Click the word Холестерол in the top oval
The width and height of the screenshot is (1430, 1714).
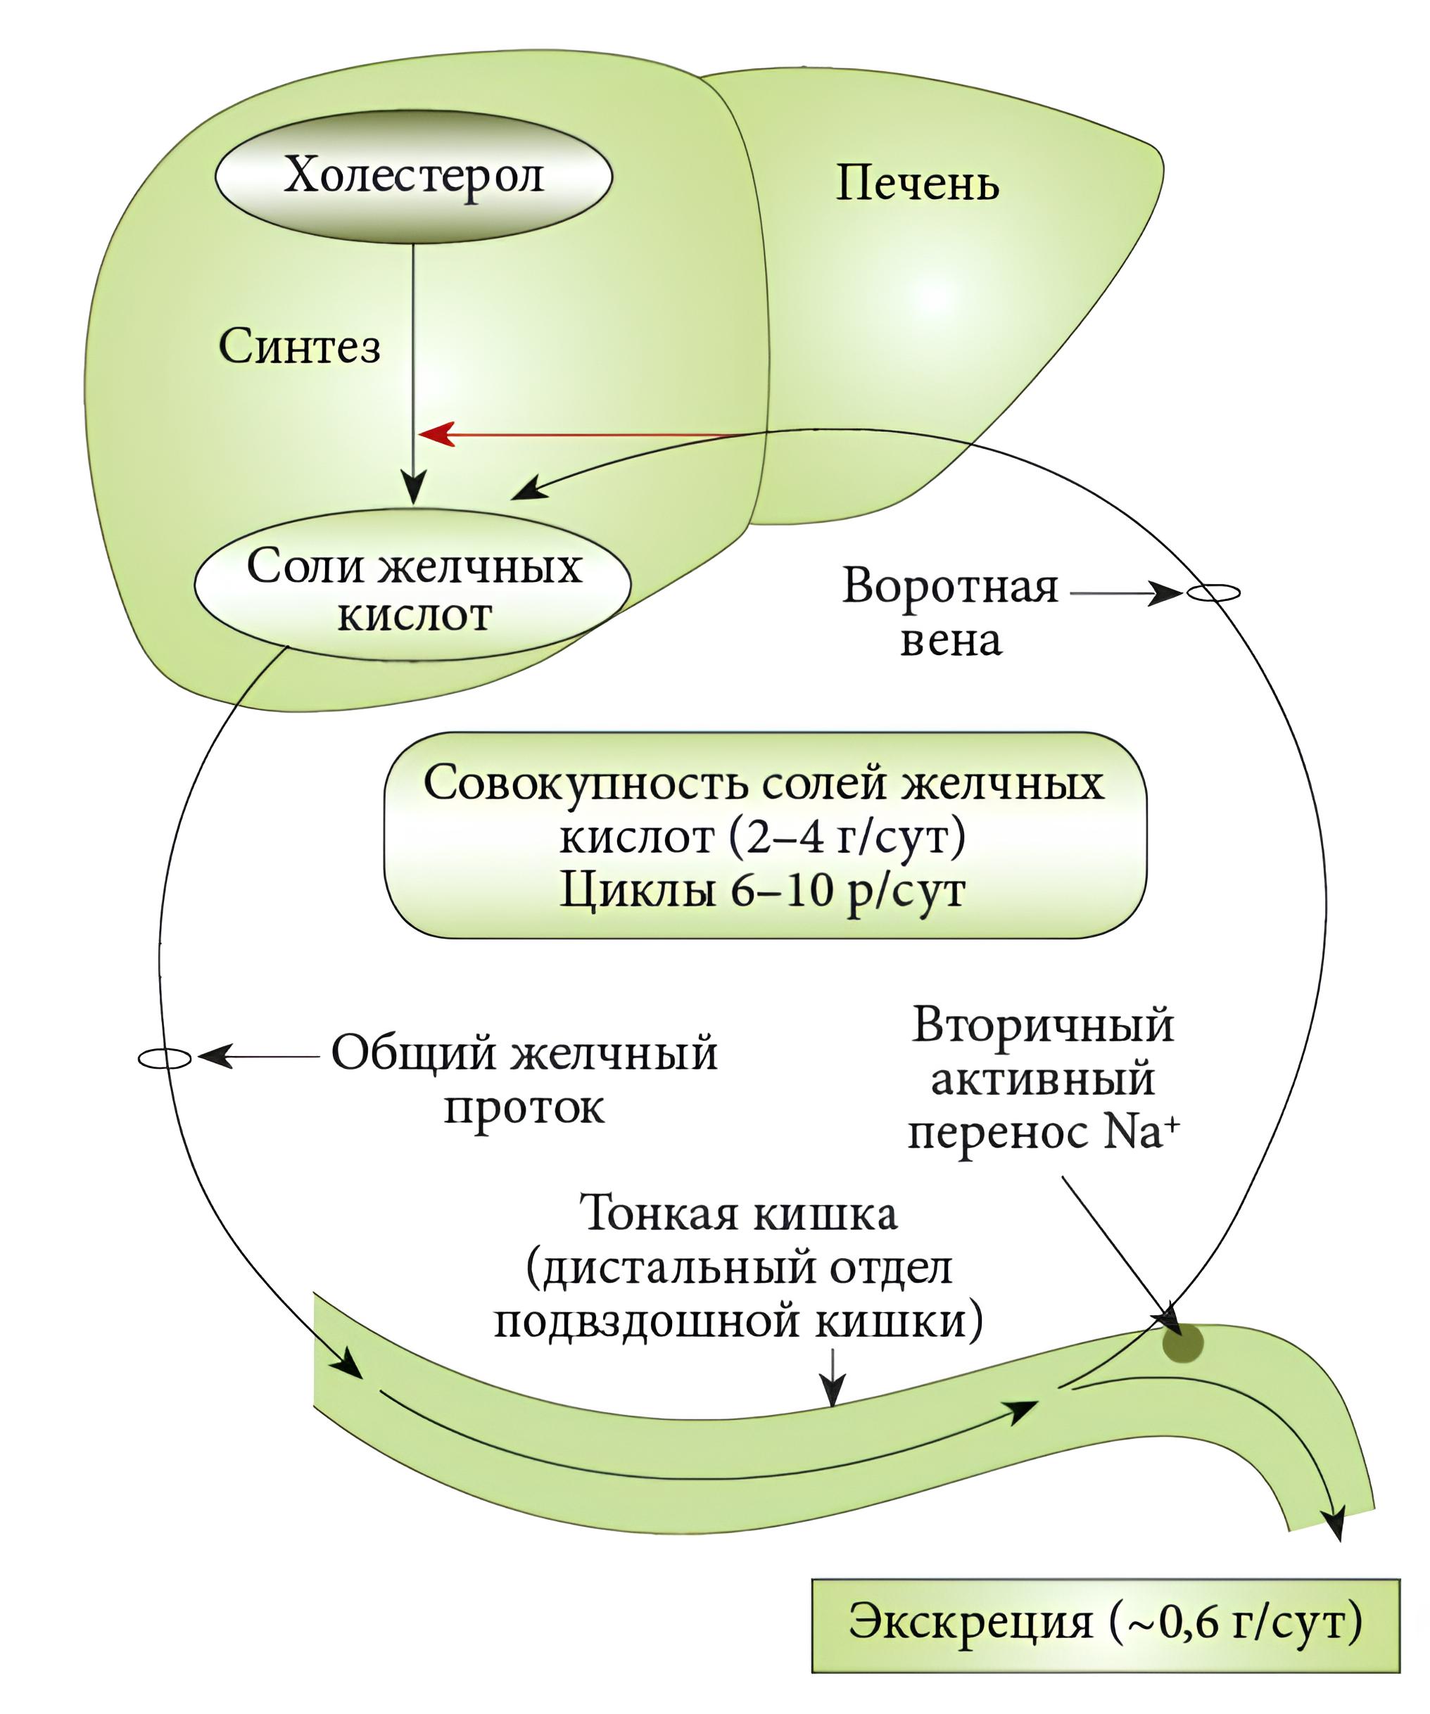(x=414, y=175)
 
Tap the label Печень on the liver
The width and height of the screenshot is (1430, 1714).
(x=918, y=183)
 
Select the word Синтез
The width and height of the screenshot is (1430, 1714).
(x=300, y=347)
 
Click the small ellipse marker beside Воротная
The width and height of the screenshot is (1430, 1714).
(x=1212, y=593)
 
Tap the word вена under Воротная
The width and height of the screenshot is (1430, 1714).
(x=951, y=641)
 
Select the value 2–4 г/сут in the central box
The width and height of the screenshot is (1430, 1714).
(x=844, y=836)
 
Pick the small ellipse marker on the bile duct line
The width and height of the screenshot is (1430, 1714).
(x=165, y=1059)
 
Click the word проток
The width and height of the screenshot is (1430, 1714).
(x=524, y=1107)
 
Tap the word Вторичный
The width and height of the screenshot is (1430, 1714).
(x=1043, y=1026)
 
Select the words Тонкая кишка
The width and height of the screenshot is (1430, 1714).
(x=739, y=1214)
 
